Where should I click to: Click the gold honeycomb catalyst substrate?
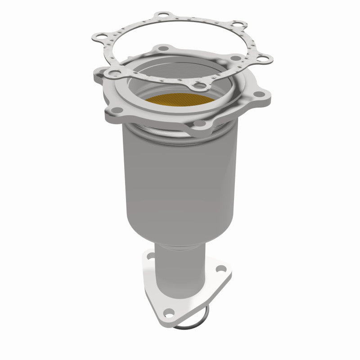point(177,101)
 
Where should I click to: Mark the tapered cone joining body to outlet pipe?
point(180,234)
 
